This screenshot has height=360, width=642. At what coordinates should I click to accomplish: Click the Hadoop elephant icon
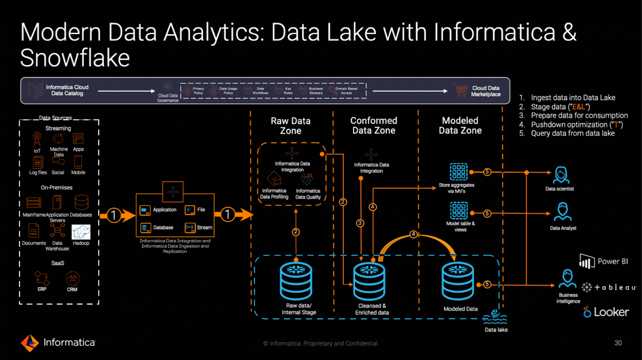(x=81, y=232)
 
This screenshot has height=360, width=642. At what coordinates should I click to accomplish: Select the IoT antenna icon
(x=37, y=139)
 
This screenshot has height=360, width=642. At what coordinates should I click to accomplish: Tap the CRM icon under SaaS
(x=72, y=278)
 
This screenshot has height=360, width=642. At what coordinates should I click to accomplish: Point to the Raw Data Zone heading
(x=291, y=126)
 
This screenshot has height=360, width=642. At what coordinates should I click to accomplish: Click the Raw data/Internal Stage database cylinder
(x=296, y=281)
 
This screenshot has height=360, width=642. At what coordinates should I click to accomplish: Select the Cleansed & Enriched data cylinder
(x=369, y=281)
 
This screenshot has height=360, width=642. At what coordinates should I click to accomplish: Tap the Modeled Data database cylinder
(x=458, y=281)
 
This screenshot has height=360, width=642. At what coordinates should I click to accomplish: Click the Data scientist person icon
(x=561, y=175)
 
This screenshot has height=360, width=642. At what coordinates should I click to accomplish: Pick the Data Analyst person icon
(x=563, y=212)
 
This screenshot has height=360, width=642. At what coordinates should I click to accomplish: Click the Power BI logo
(x=604, y=262)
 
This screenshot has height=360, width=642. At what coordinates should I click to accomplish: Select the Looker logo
(x=606, y=312)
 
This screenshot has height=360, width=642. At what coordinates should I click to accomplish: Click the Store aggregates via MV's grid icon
(x=458, y=172)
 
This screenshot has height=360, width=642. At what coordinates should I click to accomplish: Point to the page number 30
(x=618, y=343)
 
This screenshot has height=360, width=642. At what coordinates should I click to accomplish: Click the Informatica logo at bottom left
(x=58, y=342)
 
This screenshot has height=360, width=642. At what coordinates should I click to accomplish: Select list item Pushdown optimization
(x=577, y=124)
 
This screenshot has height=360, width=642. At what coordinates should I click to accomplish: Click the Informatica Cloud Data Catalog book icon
(x=36, y=90)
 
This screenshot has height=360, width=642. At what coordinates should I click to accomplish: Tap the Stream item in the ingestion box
(x=199, y=228)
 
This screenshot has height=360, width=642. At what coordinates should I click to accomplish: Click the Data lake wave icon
(x=495, y=317)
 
